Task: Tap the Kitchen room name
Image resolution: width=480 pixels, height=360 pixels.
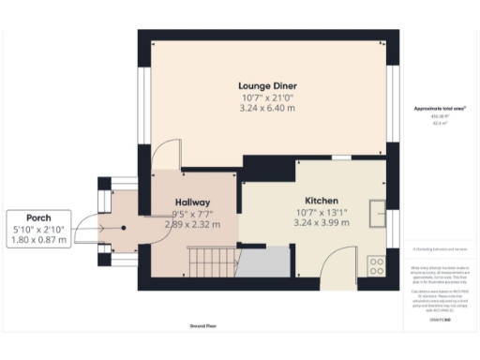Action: pos(321,201)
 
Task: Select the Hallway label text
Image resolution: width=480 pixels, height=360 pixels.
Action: pos(191,202)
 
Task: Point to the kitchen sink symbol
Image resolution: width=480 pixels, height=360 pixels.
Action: pos(379,214)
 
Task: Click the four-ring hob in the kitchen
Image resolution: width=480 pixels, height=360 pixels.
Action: pos(378,265)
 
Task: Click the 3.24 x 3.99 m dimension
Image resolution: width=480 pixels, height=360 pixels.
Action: pos(321,223)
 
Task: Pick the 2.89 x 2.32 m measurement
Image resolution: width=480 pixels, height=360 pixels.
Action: pos(191,225)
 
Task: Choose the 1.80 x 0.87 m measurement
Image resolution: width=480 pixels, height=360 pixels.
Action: pos(39,240)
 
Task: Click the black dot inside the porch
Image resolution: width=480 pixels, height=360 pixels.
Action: pos(123,227)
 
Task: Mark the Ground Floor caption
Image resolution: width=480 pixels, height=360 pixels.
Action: pos(205,326)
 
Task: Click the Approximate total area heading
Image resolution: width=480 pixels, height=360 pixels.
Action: pos(440,110)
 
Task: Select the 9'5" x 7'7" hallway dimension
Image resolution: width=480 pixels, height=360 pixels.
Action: pos(191,214)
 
